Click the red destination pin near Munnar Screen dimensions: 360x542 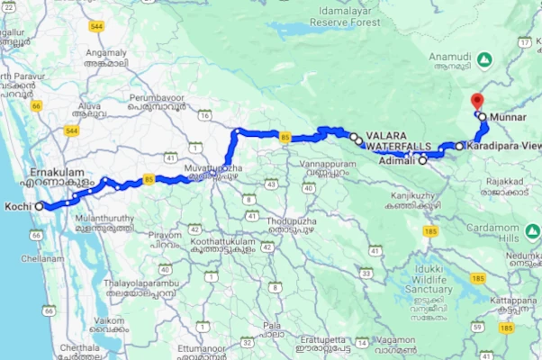pyautogui.click(x=477, y=101)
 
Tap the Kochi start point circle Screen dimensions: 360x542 pyautogui.click(x=39, y=206)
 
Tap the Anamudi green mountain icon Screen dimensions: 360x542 pyautogui.click(x=484, y=59)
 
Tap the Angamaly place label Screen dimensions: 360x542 pyautogui.click(x=105, y=53)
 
